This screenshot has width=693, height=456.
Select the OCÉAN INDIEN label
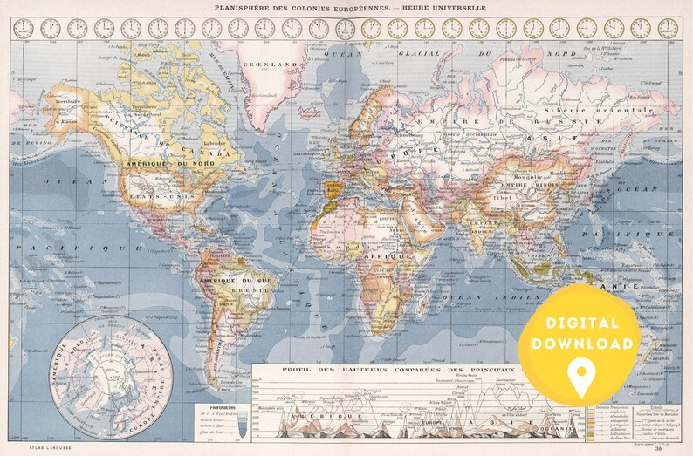click(x=483, y=299)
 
